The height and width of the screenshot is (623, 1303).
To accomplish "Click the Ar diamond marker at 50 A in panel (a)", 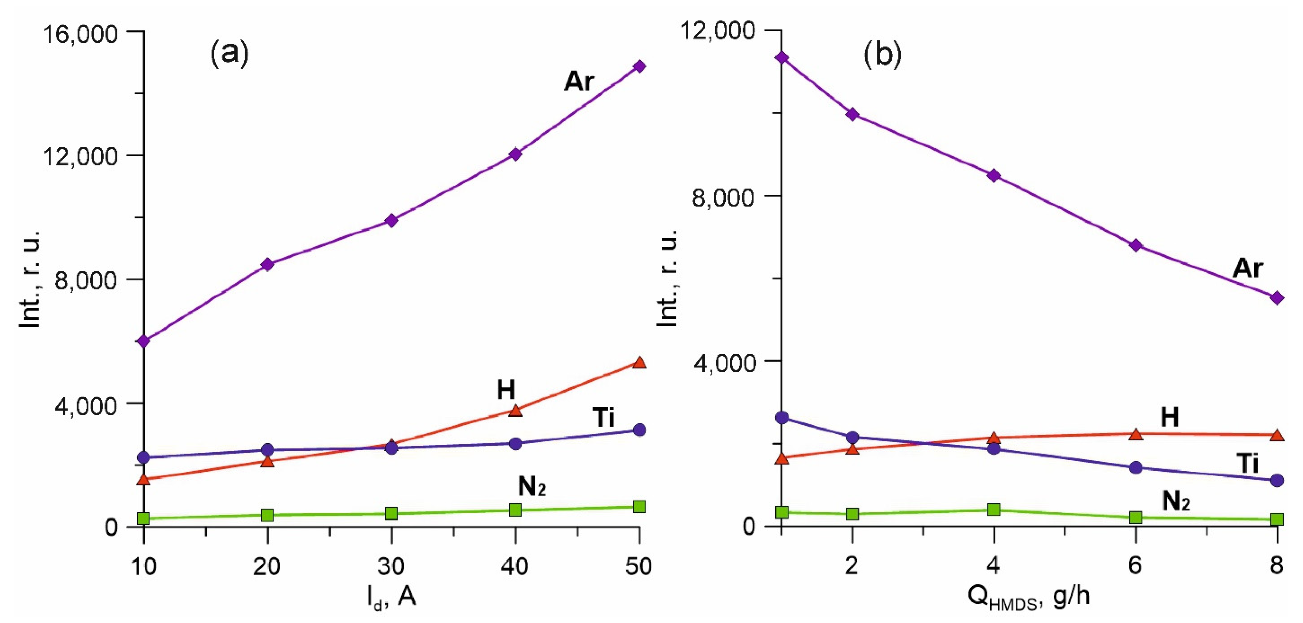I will pos(639,66).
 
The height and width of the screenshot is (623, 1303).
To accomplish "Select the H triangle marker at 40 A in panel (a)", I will pos(515,410).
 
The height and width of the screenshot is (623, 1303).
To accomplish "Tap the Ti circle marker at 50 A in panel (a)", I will pos(639,430).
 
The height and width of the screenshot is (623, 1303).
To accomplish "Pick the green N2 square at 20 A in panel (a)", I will pos(268,515).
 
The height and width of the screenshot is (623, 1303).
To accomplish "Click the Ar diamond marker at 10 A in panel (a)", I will pos(144,341).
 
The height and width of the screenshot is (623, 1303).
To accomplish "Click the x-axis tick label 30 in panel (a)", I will pos(391,566).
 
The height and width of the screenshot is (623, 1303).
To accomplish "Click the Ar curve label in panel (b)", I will pos(1248,268).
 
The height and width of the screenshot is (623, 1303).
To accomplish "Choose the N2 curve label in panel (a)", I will pos(531,487).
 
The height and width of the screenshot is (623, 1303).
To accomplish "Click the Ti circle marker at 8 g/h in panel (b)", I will pos(1277,480).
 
